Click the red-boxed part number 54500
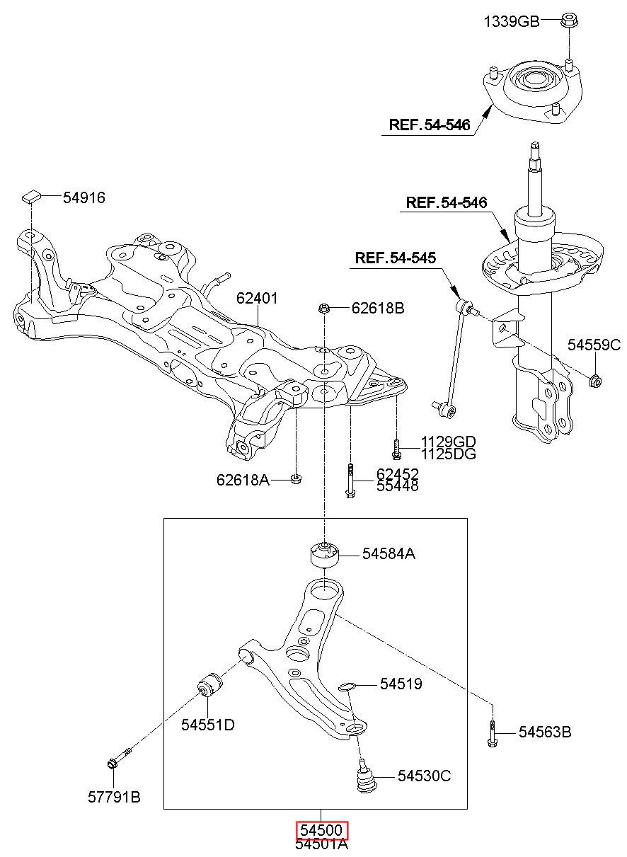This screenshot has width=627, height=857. (x=322, y=831)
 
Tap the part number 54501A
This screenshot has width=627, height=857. (x=322, y=844)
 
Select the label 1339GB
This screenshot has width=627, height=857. (x=511, y=22)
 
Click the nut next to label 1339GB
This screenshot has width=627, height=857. (x=570, y=21)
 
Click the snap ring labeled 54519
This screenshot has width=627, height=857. (x=346, y=685)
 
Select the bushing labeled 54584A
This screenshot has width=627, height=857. (x=325, y=554)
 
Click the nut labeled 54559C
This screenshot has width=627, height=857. (x=595, y=381)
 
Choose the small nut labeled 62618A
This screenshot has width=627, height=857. (x=297, y=479)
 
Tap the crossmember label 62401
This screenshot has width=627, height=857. (x=257, y=299)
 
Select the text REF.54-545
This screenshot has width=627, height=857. (x=396, y=258)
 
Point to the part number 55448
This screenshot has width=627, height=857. (x=397, y=486)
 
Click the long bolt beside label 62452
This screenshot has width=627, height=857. (x=350, y=481)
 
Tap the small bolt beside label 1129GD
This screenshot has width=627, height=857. (x=397, y=447)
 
